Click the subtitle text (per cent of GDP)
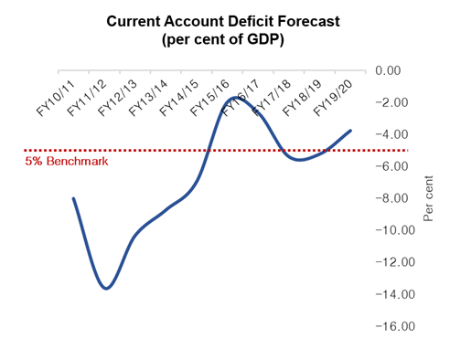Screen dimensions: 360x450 225,39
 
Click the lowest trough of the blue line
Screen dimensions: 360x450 107,289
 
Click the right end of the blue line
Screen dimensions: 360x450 350,131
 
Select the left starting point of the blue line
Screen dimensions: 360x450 73,198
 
